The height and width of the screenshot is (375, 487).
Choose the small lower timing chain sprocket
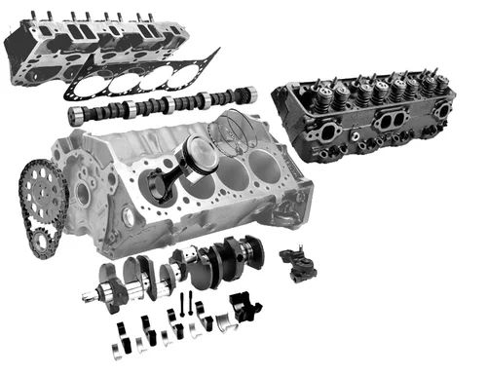(43, 241)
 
